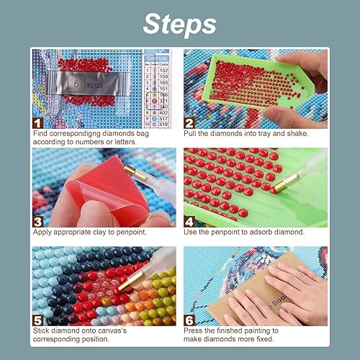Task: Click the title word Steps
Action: [179, 23]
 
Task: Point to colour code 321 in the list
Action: [164, 103]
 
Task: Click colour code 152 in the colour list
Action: [164, 69]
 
